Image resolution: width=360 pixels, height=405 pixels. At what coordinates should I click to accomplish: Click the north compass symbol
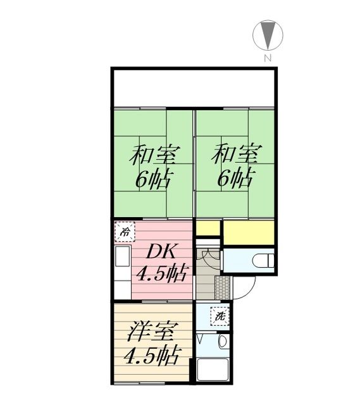(268, 35)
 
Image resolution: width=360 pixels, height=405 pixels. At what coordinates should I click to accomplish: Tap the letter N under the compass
(268, 58)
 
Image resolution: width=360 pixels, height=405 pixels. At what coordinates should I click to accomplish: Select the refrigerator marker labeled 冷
(125, 232)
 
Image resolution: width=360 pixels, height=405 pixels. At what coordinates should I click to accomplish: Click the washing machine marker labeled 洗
(220, 316)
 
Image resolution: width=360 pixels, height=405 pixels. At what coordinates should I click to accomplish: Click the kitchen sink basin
(122, 256)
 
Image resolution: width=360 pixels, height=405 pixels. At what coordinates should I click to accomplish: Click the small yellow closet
(208, 228)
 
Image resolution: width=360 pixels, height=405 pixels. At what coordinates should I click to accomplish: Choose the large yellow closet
(249, 232)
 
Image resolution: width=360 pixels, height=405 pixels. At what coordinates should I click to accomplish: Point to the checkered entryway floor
(222, 288)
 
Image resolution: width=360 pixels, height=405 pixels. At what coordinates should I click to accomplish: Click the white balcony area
(194, 89)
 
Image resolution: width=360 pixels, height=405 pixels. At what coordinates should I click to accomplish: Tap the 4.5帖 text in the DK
(161, 274)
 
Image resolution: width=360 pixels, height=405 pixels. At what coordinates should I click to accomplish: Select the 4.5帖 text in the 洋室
(152, 356)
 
